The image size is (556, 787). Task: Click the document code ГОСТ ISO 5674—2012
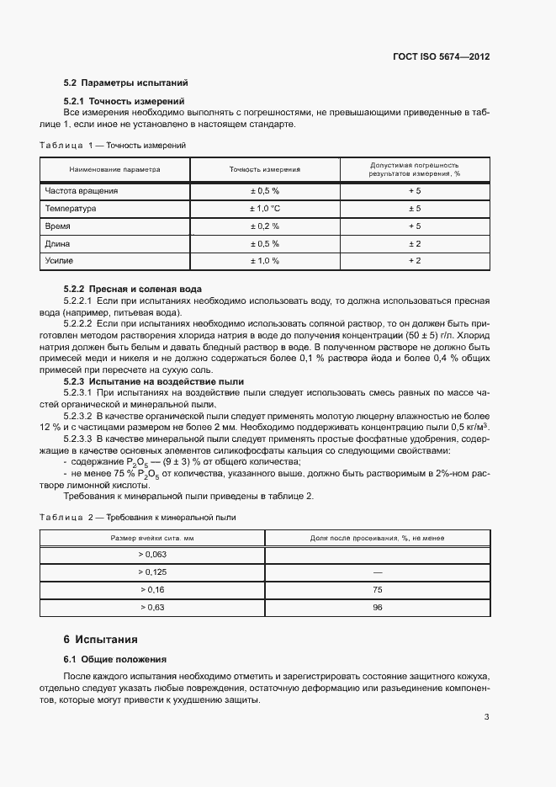pos(441,56)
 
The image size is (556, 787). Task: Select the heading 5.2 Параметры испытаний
pos(125,83)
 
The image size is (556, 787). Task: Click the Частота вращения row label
pos(82,191)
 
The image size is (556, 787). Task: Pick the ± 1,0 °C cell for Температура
pos(264,209)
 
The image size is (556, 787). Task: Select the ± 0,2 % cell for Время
pos(264,226)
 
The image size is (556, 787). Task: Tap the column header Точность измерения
pos(264,169)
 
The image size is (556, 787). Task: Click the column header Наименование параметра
pos(114,169)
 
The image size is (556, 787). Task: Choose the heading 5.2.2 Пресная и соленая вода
pos(133,289)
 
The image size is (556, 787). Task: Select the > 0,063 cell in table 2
pos(152,554)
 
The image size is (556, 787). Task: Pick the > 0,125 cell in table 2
pos(152,572)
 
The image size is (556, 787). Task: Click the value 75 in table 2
pos(377,589)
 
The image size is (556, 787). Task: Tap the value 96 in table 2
pos(377,607)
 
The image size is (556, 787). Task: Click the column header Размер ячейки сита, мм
pos(152,537)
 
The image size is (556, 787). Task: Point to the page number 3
pos(487,717)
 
